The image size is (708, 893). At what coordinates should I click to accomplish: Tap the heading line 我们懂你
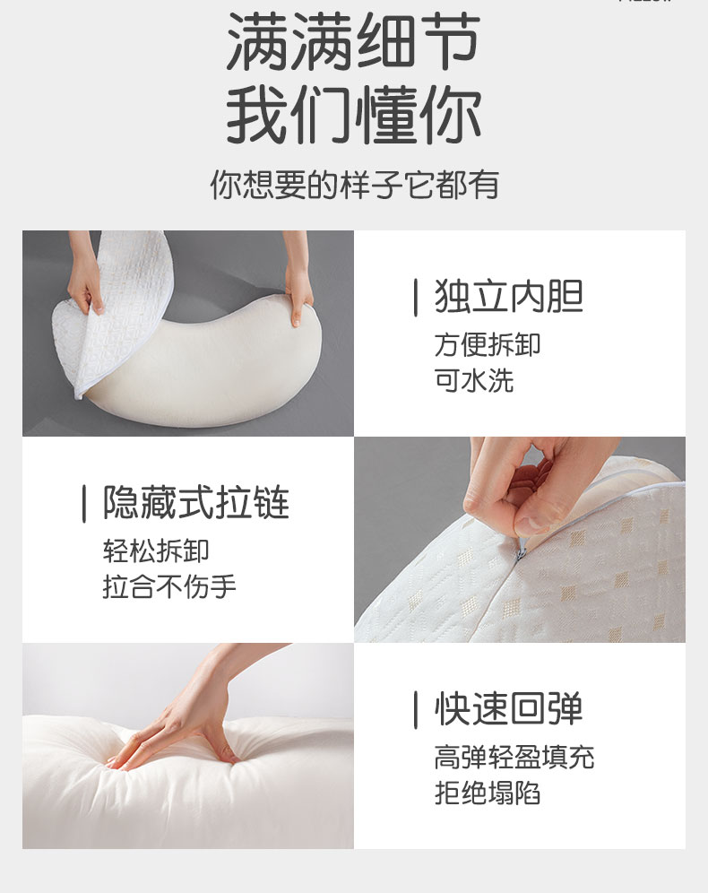click(x=353, y=116)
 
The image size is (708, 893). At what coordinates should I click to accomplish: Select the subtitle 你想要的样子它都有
click(x=354, y=185)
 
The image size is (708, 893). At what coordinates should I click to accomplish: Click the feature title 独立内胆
click(x=508, y=297)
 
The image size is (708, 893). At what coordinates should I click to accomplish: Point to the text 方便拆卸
click(x=488, y=344)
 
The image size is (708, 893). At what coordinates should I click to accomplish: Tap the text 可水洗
click(x=474, y=380)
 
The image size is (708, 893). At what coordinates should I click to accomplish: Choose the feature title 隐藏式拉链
click(x=196, y=503)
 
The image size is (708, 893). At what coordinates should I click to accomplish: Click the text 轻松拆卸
click(x=156, y=551)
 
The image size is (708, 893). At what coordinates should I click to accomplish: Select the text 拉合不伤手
click(x=169, y=587)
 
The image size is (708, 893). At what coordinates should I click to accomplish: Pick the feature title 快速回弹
click(x=508, y=709)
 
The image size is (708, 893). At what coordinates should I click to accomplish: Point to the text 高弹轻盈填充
click(x=514, y=758)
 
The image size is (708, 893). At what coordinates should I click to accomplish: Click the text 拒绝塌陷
click(x=488, y=793)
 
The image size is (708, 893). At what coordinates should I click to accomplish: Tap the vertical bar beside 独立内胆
click(x=415, y=298)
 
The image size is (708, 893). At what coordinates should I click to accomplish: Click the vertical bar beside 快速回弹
click(x=415, y=710)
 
